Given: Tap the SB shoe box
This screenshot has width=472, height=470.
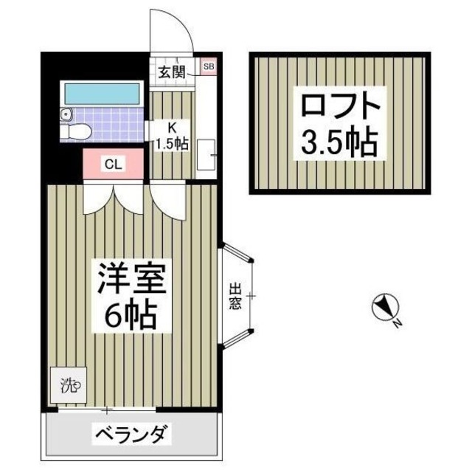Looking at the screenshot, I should point(208,67).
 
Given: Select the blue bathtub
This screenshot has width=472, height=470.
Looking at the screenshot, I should point(102,93).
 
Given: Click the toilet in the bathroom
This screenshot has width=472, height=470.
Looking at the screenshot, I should point(77,131).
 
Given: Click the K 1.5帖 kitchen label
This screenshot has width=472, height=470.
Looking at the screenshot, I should point(171,136).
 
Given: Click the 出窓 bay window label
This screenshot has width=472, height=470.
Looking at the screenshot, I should point(235,296).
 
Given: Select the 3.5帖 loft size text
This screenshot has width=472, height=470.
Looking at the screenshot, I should point(339,142).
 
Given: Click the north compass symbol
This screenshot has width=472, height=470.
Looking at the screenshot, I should point(383,306).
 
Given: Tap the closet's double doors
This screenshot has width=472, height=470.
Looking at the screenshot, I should point(112,199).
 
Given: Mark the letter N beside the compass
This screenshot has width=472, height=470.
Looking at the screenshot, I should point(396,322).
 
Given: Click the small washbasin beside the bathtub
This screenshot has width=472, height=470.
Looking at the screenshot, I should point(67,115).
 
